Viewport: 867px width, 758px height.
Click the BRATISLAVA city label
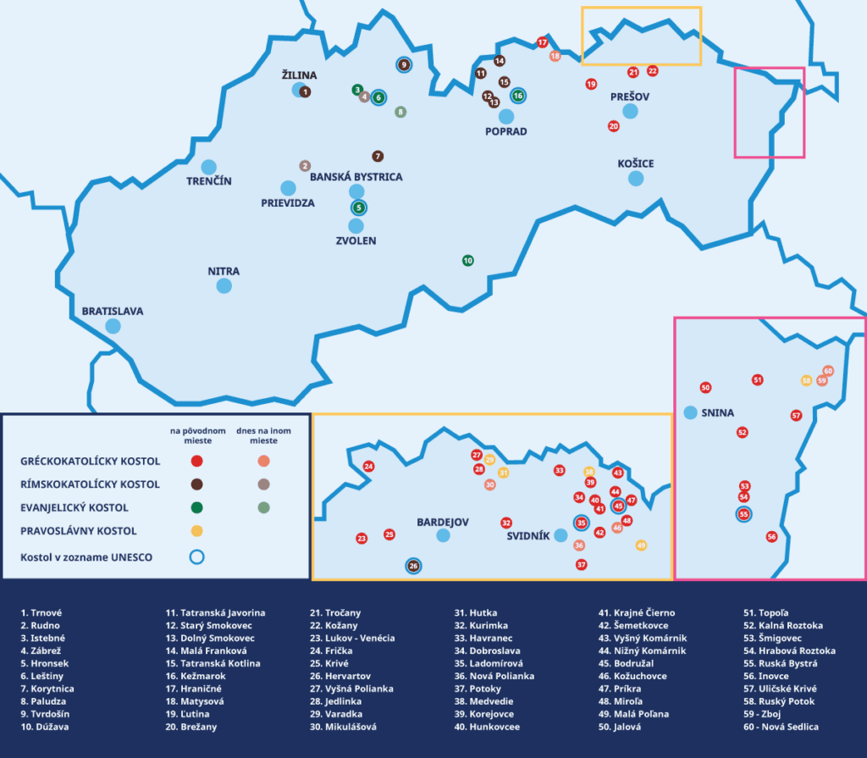click(x=113, y=312)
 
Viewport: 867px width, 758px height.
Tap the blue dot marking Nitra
click(x=224, y=286)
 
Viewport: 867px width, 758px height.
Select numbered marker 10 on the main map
click(x=467, y=260)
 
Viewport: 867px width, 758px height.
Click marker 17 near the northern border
click(x=543, y=42)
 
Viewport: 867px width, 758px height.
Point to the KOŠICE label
click(x=636, y=163)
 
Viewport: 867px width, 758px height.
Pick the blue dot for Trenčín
click(x=208, y=167)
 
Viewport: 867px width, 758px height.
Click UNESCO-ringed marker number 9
click(x=404, y=64)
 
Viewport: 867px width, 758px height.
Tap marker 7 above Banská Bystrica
click(x=378, y=156)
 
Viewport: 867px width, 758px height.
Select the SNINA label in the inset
click(x=718, y=413)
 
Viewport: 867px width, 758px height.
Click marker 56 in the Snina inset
click(x=771, y=537)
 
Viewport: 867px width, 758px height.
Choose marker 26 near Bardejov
click(x=414, y=566)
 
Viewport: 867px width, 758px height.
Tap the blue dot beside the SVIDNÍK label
click(x=561, y=534)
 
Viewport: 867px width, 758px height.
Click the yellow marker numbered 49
click(x=641, y=545)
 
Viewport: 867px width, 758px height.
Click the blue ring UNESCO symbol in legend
click(x=196, y=557)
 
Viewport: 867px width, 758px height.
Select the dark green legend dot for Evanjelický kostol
click(x=196, y=507)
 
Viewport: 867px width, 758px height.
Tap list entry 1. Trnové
click(x=41, y=612)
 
